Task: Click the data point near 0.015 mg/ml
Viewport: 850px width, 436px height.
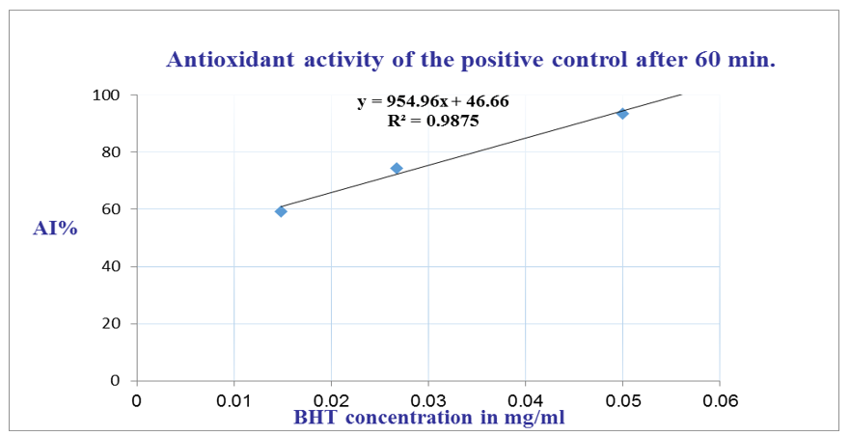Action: (x=281, y=211)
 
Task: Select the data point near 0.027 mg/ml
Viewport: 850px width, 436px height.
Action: (x=396, y=169)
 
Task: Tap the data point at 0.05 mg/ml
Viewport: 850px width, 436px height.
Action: (x=622, y=114)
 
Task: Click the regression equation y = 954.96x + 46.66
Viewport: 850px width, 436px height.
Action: (x=433, y=101)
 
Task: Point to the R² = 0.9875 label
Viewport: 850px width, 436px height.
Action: (x=433, y=122)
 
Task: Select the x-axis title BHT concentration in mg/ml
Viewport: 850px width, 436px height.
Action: (x=428, y=418)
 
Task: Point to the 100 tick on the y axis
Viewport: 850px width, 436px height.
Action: (x=106, y=95)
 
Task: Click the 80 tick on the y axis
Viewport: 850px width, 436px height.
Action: (x=111, y=152)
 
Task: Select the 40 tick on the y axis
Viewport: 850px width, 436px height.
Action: (x=111, y=266)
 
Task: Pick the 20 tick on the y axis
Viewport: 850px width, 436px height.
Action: (x=111, y=324)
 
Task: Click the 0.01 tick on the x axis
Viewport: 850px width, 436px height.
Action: (x=233, y=398)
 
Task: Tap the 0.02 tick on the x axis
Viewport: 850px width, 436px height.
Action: (x=331, y=398)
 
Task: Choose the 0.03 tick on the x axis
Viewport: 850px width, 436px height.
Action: (x=428, y=398)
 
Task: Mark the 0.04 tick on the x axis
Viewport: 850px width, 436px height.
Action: (x=526, y=398)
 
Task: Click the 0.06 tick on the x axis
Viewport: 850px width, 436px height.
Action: (x=720, y=398)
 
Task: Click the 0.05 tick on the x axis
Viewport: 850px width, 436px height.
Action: (x=622, y=398)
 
